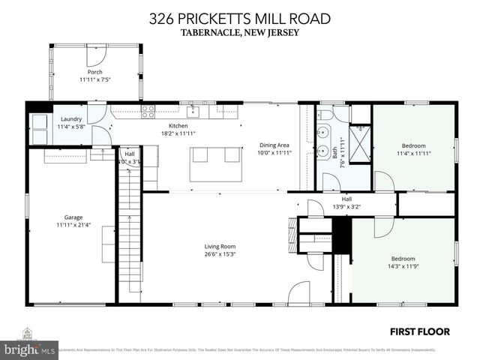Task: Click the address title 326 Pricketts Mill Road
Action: coord(239,18)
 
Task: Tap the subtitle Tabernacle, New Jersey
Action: coord(239,32)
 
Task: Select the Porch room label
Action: coord(95,72)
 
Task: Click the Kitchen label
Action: coord(178,125)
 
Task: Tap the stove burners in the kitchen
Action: coord(148,112)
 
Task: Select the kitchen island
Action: coord(215,163)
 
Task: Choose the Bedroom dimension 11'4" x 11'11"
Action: coord(413,153)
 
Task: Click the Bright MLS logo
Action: coord(30,348)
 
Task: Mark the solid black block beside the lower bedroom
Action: coord(342,237)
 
